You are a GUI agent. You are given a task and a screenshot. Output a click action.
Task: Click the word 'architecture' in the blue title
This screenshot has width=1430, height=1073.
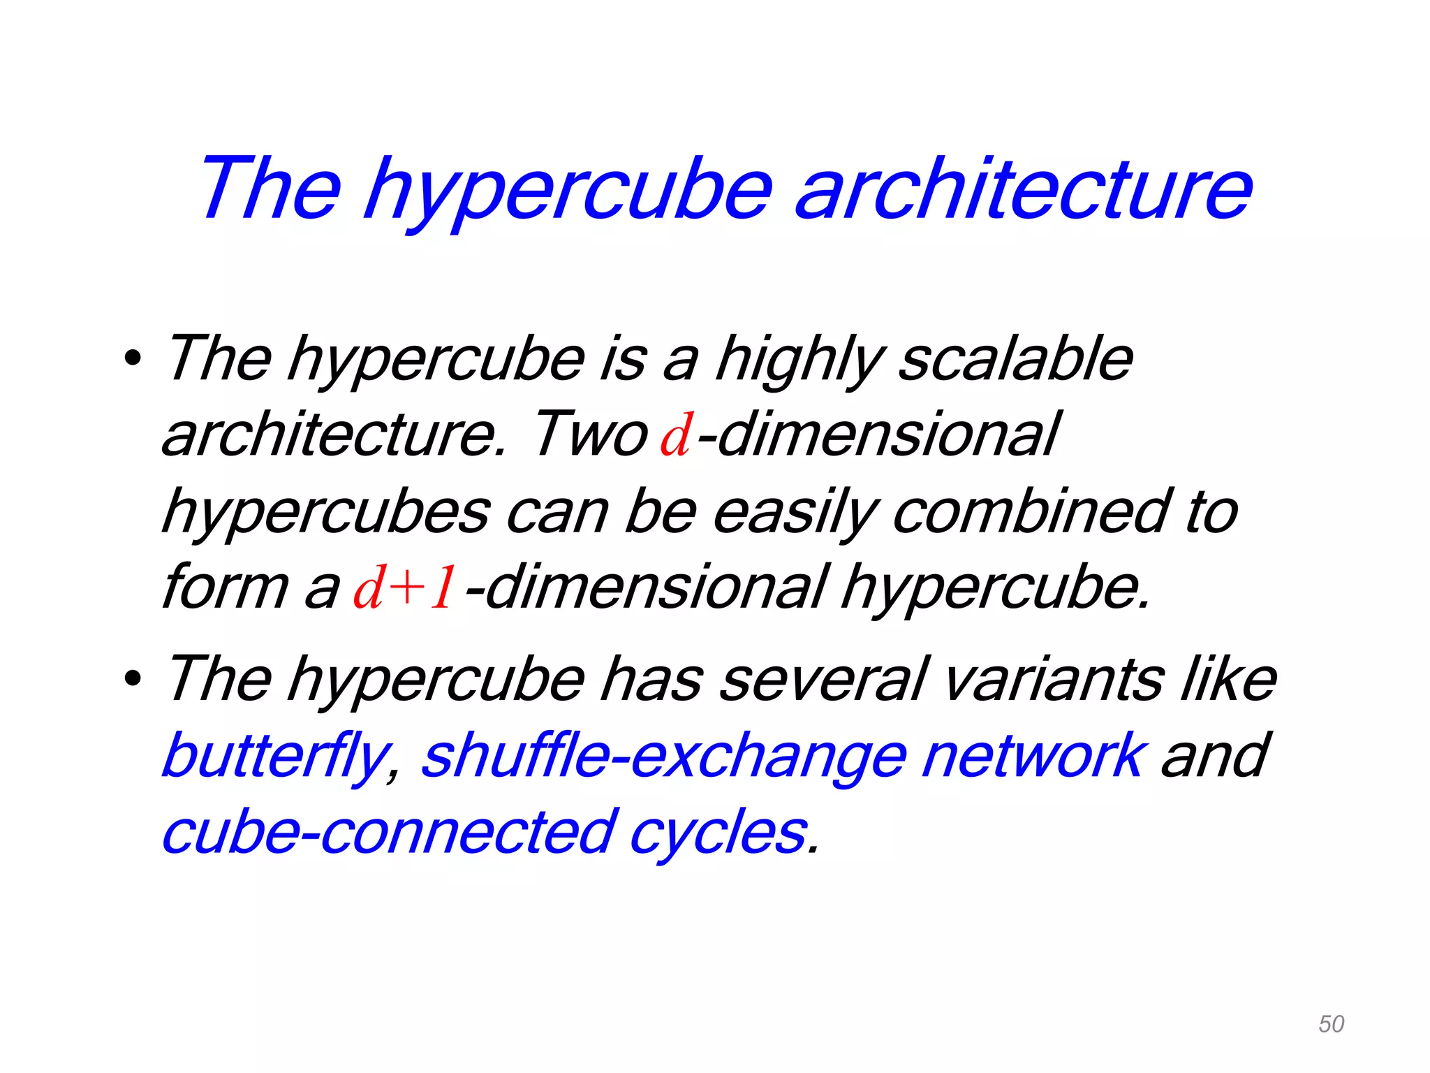(1024, 189)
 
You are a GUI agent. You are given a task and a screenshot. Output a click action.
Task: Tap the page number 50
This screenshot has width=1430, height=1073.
(1331, 1024)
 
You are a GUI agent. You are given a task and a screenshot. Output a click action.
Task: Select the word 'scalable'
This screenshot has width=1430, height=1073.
(1015, 359)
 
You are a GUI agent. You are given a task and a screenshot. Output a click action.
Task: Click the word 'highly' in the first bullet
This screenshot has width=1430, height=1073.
(799, 362)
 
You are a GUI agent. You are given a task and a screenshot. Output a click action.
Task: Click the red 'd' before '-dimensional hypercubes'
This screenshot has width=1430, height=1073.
(676, 436)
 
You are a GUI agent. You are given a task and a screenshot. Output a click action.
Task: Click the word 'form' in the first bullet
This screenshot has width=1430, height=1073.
(225, 587)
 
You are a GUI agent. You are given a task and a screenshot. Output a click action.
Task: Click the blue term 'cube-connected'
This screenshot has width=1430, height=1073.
(388, 833)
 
